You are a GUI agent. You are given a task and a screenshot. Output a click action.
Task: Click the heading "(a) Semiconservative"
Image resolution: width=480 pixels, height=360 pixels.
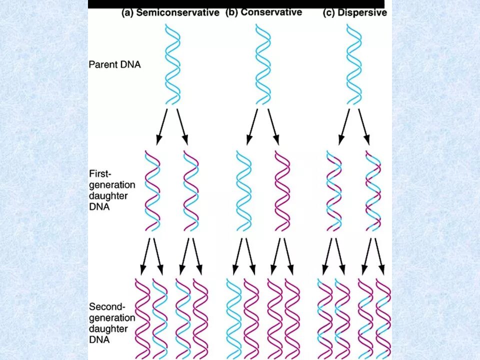pos(170,13)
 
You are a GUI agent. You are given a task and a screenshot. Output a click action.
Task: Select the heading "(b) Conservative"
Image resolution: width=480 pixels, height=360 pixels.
pos(263,12)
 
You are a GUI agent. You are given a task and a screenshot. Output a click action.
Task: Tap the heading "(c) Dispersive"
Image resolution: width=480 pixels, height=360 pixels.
pos(354,13)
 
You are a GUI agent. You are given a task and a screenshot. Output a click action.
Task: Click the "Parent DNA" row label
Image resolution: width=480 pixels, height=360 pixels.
pos(114,64)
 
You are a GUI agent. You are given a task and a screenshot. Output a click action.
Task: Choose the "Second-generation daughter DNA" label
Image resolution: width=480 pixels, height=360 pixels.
pos(112,323)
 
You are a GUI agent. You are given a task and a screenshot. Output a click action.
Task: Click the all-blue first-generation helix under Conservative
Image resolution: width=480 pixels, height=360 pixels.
pos(243,190)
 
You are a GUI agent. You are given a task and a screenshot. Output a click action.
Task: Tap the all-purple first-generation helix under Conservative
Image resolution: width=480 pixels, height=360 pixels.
pos(282,190)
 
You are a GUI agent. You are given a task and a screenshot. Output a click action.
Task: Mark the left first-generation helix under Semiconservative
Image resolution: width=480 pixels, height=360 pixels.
pos(152,190)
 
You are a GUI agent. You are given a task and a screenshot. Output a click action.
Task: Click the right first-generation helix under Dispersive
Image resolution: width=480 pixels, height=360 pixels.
pos(373,190)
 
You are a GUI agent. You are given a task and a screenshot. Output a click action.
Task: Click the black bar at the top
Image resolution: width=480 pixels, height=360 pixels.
pos(236,4)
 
